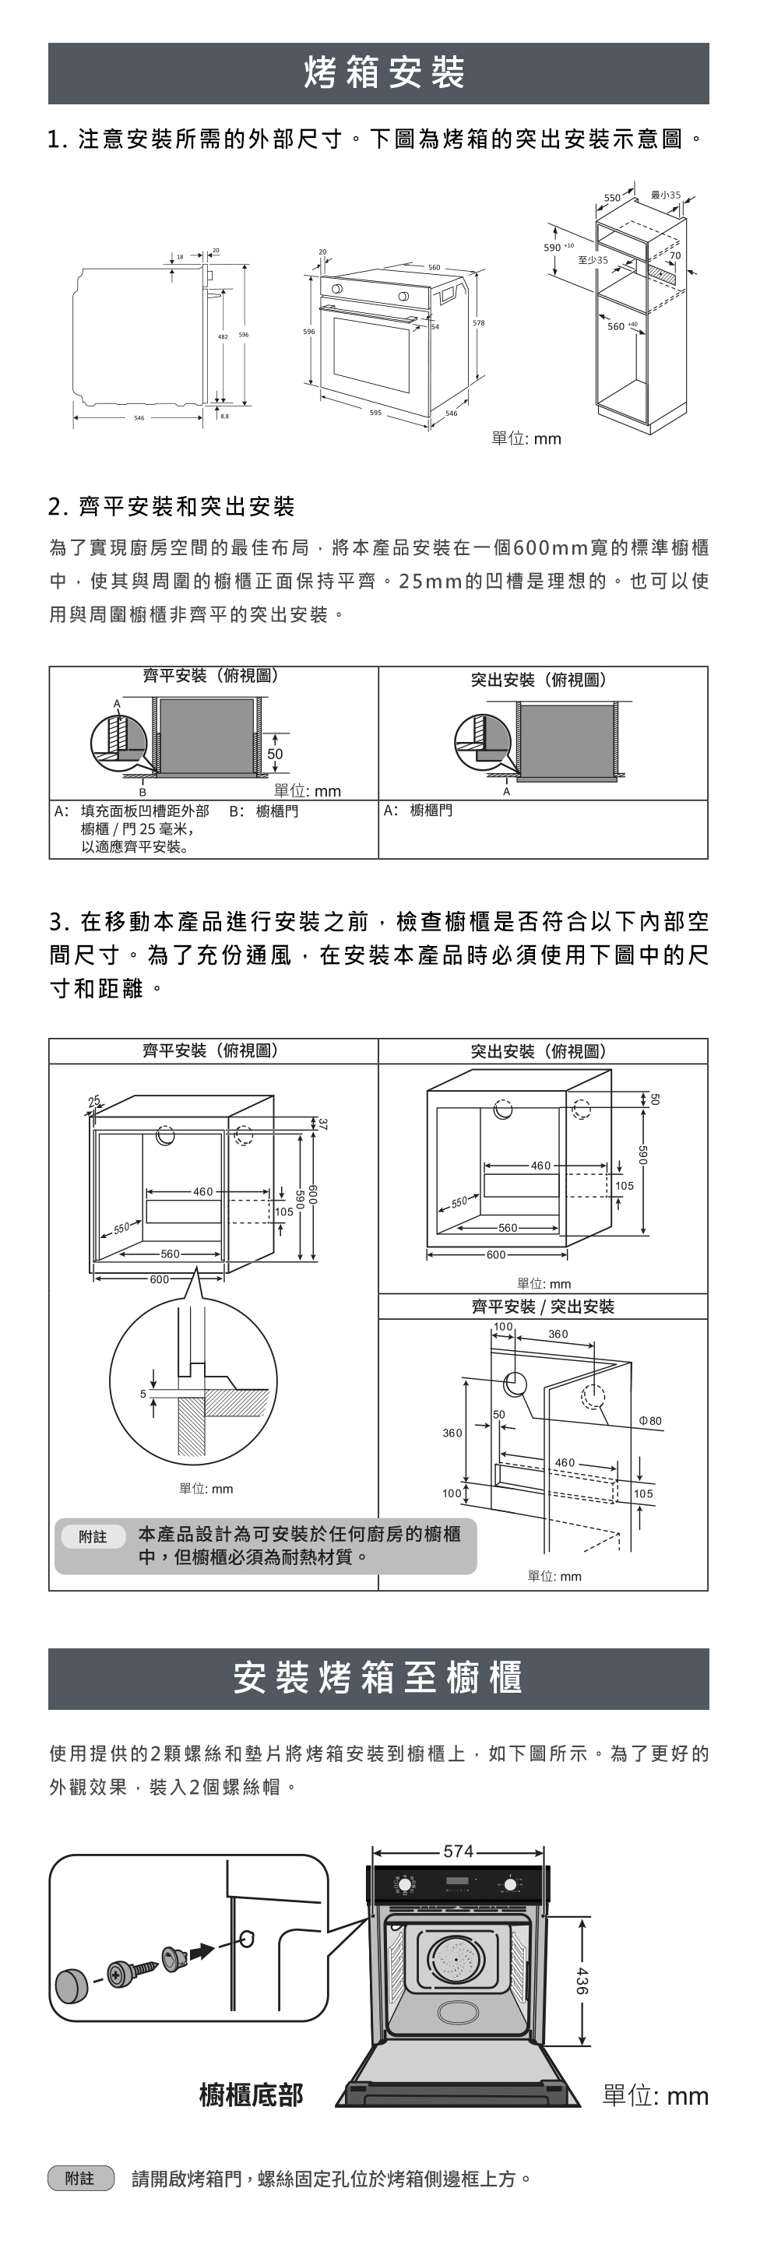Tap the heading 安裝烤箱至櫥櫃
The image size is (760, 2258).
[x=378, y=1678]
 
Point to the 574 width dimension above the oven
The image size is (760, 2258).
[x=459, y=1852]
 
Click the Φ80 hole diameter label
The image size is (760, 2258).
[x=650, y=1421]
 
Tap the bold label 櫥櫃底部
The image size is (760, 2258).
[x=251, y=2095]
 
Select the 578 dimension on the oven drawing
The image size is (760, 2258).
[x=478, y=323]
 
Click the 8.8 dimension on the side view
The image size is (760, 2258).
[x=224, y=416]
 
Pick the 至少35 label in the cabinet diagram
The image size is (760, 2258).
[x=593, y=260]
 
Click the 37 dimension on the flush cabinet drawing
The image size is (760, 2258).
[x=322, y=1124]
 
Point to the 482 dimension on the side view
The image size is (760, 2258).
[x=223, y=335]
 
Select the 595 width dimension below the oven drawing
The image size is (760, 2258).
[x=375, y=412]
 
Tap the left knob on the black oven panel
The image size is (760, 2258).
[x=405, y=1883]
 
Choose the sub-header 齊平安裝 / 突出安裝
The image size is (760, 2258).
[x=543, y=1307]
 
